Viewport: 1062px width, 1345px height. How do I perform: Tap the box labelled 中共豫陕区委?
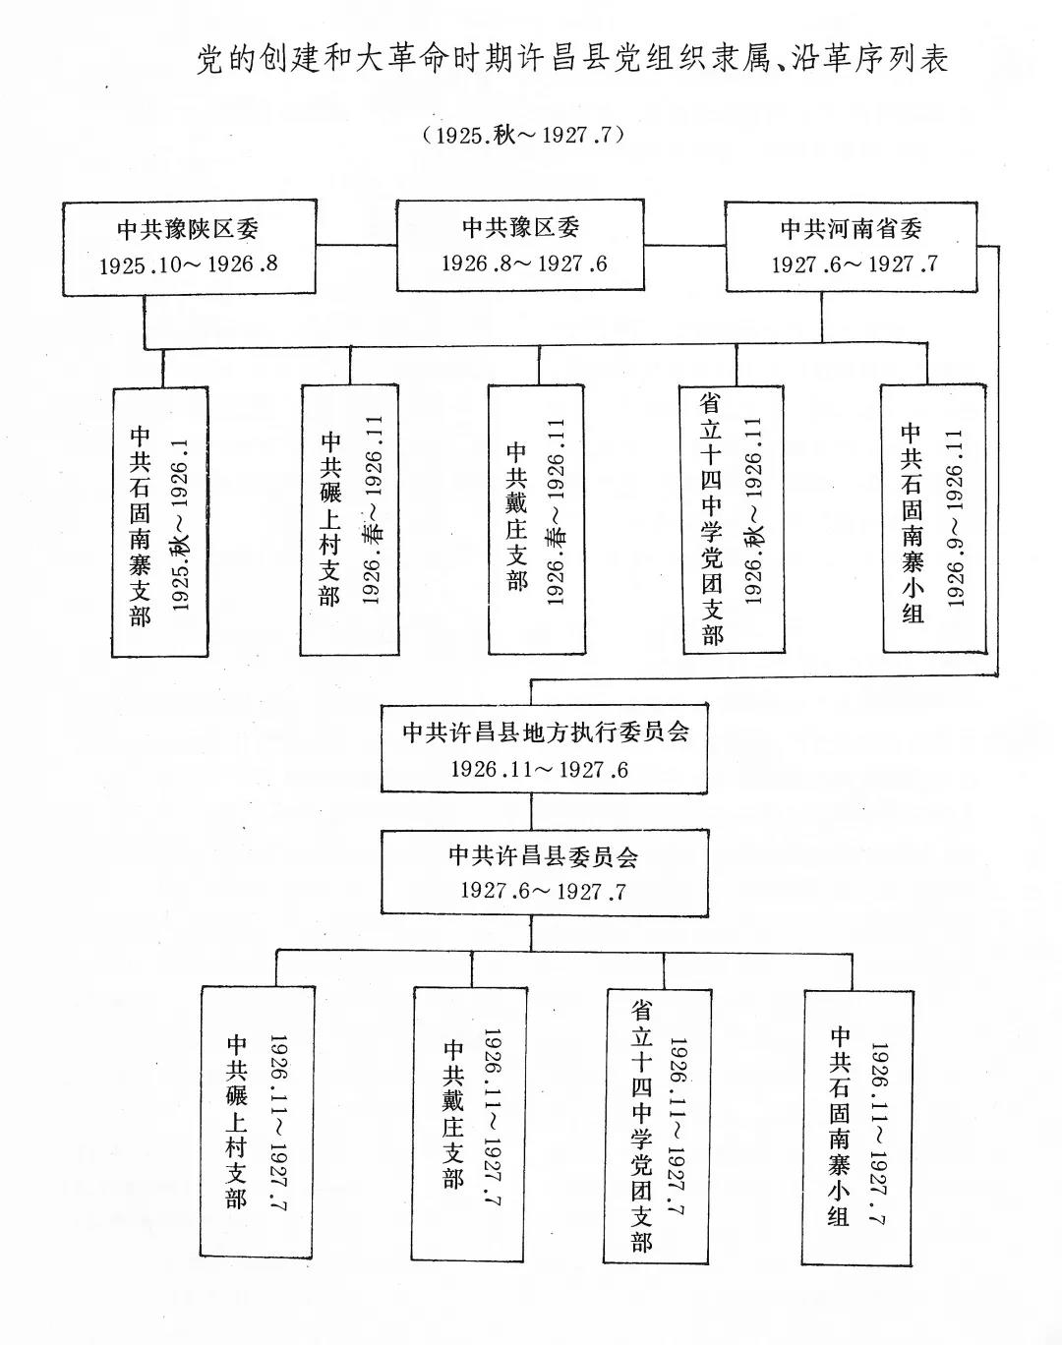point(189,247)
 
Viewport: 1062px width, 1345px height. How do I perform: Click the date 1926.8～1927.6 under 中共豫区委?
point(523,263)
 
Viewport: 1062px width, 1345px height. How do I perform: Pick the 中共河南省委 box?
point(852,246)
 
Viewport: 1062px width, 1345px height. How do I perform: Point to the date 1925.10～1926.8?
point(189,264)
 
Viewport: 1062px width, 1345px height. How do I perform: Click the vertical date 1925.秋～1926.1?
point(182,522)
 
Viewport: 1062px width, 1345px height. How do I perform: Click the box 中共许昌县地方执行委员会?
point(545,749)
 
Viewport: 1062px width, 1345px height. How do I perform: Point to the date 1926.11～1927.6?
point(539,769)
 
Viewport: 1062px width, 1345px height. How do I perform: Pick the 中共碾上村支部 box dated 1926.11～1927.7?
point(258,1121)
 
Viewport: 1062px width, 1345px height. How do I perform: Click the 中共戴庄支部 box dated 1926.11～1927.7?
point(468,1121)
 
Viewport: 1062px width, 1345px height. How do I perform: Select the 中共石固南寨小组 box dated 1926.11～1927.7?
point(853,1121)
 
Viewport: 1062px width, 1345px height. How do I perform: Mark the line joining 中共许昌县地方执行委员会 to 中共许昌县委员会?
point(532,812)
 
